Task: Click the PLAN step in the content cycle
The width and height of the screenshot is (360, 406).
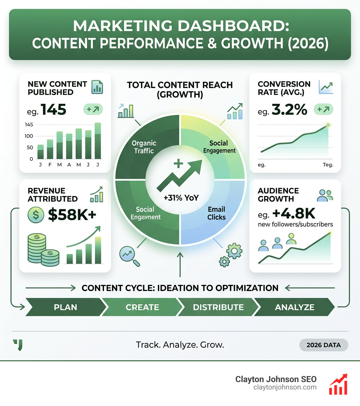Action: [65, 307]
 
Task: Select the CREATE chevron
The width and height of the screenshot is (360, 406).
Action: [142, 307]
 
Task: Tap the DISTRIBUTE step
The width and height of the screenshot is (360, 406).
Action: [218, 307]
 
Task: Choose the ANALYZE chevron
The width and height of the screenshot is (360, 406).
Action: [295, 307]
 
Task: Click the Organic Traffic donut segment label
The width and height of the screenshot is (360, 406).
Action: [144, 147]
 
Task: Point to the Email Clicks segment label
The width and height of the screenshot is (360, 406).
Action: [216, 213]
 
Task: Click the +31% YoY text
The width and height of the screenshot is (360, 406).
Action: [181, 198]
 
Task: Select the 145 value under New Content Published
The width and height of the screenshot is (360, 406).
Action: [53, 109]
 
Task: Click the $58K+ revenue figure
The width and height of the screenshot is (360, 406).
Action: [72, 215]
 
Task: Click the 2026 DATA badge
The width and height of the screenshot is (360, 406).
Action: [323, 345]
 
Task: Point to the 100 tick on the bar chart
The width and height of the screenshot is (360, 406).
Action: [31, 136]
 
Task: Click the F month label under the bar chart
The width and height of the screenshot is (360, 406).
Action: [50, 165]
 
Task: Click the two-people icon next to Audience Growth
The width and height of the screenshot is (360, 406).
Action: [324, 195]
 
